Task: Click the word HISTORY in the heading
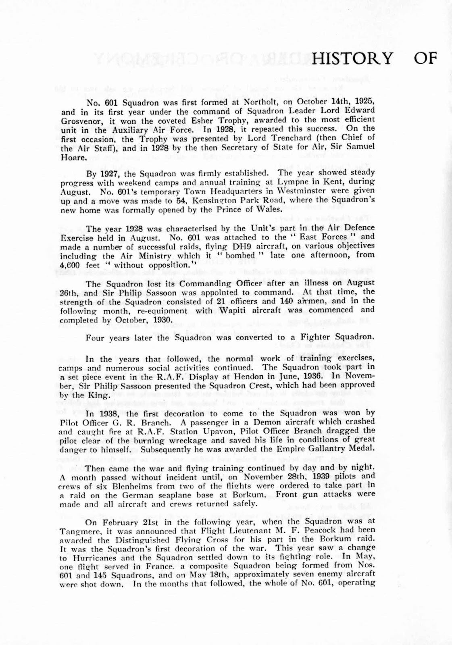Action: (352, 58)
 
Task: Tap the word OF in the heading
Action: (425, 58)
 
